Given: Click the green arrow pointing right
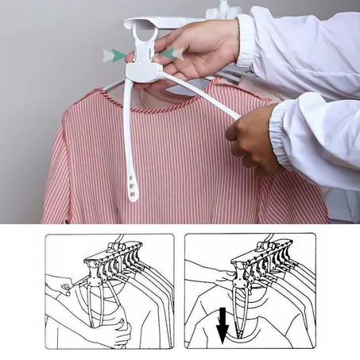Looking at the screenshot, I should point(117,54).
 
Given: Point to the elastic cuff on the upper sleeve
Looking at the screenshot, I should point(246,37).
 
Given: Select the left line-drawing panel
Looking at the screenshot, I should point(109,291).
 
